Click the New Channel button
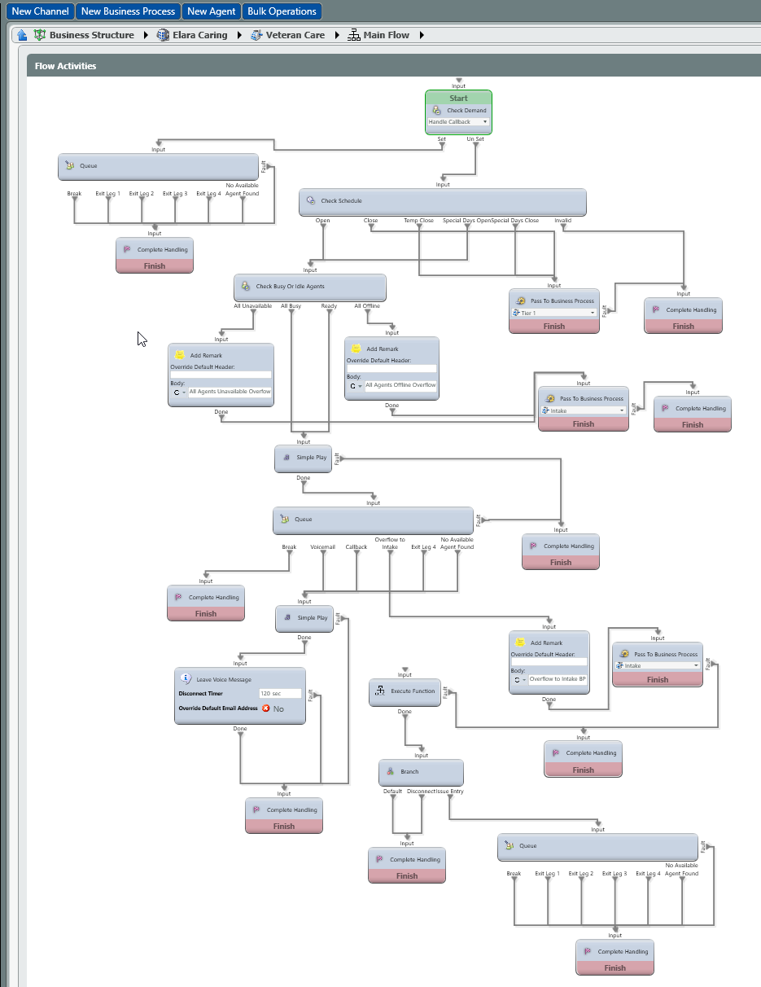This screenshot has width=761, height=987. [40, 11]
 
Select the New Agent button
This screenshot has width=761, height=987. [212, 11]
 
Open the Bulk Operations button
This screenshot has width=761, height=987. [282, 11]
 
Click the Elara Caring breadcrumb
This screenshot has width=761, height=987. [199, 35]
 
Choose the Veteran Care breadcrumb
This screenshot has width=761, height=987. [295, 35]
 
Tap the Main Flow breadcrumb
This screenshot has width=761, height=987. [386, 35]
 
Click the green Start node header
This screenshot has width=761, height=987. [458, 98]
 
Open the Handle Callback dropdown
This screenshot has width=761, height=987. [457, 122]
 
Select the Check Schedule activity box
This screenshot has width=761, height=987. [442, 201]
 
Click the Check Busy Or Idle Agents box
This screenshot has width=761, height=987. [309, 287]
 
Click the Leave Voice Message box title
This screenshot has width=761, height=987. [227, 679]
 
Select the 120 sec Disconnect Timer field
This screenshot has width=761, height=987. [279, 694]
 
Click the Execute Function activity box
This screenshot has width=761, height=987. [405, 691]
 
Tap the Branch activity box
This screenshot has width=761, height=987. [420, 771]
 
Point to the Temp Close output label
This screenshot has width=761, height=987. [418, 221]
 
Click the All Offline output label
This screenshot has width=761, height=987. [367, 306]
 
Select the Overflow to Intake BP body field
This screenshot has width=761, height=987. [557, 678]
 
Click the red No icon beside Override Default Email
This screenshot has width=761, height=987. [265, 708]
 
